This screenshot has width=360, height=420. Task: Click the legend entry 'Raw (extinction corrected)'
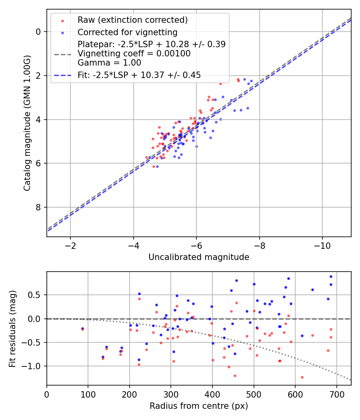[x=132, y=20]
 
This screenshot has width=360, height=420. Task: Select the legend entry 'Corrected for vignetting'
[x=127, y=32]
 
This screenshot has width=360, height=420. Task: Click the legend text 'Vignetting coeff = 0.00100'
[x=134, y=54]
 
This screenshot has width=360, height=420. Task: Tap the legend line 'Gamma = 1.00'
[x=109, y=63]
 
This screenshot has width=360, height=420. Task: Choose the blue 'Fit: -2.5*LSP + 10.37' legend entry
[x=139, y=75]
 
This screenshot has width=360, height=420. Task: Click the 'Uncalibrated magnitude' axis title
[x=199, y=257]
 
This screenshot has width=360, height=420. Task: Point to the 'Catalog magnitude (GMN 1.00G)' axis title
[x=27, y=123]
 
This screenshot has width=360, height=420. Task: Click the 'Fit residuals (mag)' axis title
[x=12, y=328]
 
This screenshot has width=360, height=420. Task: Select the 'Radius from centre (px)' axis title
[x=199, y=406]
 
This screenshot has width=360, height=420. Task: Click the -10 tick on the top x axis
[x=322, y=245]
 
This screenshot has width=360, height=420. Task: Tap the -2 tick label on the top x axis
[x=70, y=245]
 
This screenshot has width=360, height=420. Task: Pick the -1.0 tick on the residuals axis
[x=33, y=366]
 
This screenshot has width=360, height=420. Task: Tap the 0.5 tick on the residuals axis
[x=35, y=295]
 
